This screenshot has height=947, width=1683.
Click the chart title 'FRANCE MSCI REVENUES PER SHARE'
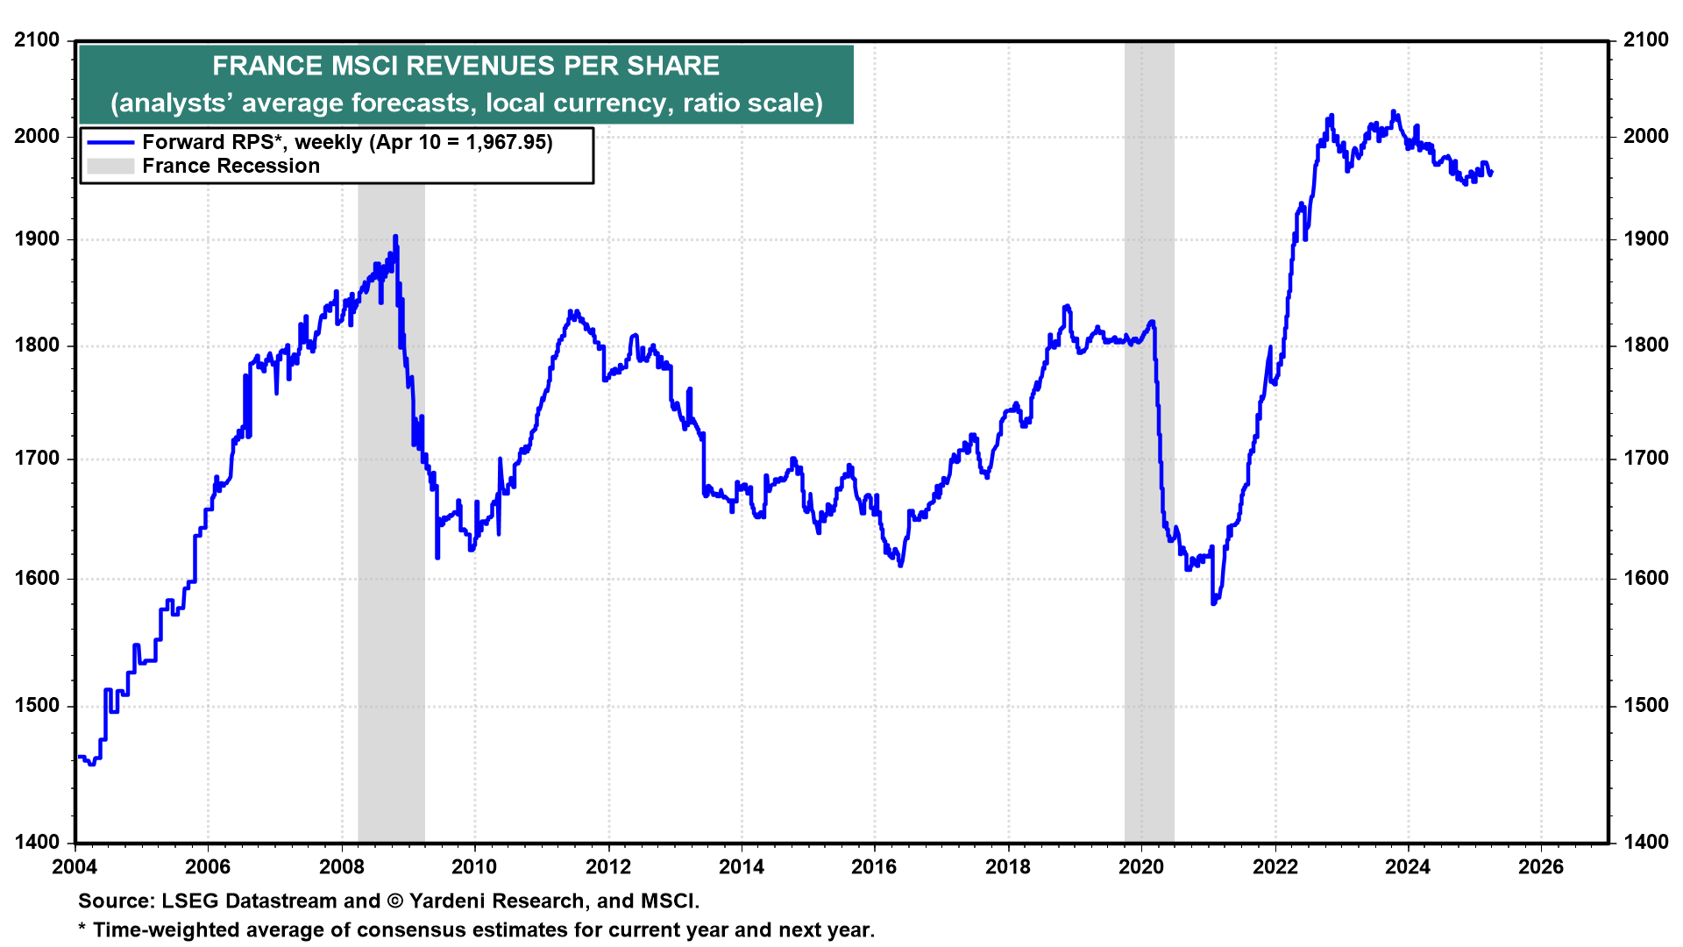pyautogui.click(x=465, y=66)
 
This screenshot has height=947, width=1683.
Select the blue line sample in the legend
pyautogui.click(x=110, y=142)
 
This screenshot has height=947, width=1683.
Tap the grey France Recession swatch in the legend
pyautogui.click(x=110, y=166)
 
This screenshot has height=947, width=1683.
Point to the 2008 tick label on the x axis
pyautogui.click(x=341, y=867)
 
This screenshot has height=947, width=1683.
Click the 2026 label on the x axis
pyautogui.click(x=1540, y=867)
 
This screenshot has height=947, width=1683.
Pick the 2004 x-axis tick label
pyautogui.click(x=75, y=867)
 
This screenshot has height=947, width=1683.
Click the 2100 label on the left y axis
pyautogui.click(x=37, y=40)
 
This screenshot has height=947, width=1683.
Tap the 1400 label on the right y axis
pyautogui.click(x=1645, y=843)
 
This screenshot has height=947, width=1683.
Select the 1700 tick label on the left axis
pyautogui.click(x=37, y=459)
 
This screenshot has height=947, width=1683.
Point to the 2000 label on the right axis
pyautogui.click(x=1645, y=136)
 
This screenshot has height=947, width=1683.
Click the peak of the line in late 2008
pyautogui.click(x=395, y=236)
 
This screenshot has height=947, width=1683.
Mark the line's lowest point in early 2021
pyautogui.click(x=1213, y=603)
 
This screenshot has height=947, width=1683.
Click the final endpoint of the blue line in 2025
pyautogui.click(x=1492, y=173)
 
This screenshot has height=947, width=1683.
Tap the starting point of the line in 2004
pyautogui.click(x=78, y=757)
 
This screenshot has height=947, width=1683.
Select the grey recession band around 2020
pyautogui.click(x=1149, y=438)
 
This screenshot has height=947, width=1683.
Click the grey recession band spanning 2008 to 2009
pyautogui.click(x=391, y=526)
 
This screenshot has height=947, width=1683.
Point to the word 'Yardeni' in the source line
pyautogui.click(x=447, y=901)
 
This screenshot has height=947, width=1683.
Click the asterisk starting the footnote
pyautogui.click(x=82, y=929)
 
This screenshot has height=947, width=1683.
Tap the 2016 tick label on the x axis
pyautogui.click(x=874, y=867)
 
